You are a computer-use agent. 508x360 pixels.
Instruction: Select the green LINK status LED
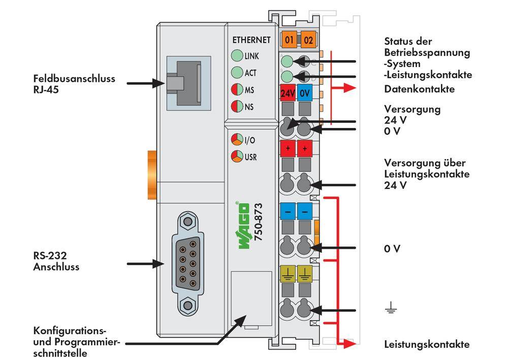tap(236, 56)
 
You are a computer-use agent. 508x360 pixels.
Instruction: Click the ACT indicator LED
tap(236, 73)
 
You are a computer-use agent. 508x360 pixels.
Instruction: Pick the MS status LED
tap(236, 90)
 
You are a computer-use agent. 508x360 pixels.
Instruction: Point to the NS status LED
tap(236, 107)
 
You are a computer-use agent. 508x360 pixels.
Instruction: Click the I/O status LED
tap(236, 140)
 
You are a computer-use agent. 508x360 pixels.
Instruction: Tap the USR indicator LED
tap(236, 156)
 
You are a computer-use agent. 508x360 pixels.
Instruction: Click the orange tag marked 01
tap(290, 40)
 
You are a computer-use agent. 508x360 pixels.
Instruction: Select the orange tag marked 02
tap(308, 40)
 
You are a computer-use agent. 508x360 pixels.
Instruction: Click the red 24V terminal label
tap(288, 93)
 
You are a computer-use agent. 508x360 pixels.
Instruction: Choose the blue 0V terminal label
tap(305, 93)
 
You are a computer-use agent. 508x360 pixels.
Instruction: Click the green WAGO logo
tap(243, 225)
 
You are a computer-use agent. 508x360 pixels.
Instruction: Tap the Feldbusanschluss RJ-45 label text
tap(74, 84)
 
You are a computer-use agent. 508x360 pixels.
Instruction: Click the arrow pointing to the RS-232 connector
tap(145, 264)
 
